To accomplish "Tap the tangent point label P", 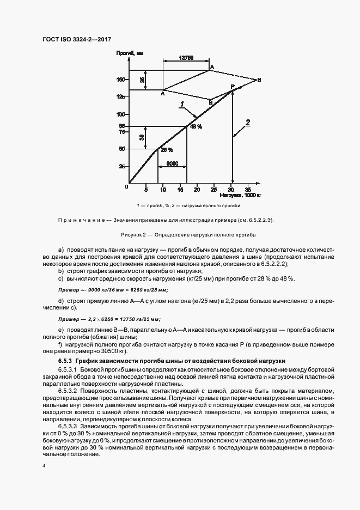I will click(x=232, y=87).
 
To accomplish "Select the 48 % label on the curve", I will click(x=196, y=126).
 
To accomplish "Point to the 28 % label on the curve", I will click(x=166, y=149).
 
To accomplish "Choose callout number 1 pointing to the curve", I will click(x=182, y=103).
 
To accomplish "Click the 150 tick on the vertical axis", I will click(x=121, y=80).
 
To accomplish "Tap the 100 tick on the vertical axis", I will click(x=121, y=114).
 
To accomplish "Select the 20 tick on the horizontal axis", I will click(x=197, y=189).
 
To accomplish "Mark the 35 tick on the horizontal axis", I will click(x=248, y=189).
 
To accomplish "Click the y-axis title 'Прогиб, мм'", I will click(x=129, y=53).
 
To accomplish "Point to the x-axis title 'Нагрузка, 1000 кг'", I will click(x=241, y=195).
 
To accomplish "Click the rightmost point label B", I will click(x=259, y=80).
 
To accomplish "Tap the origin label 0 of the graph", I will click(x=126, y=186).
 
